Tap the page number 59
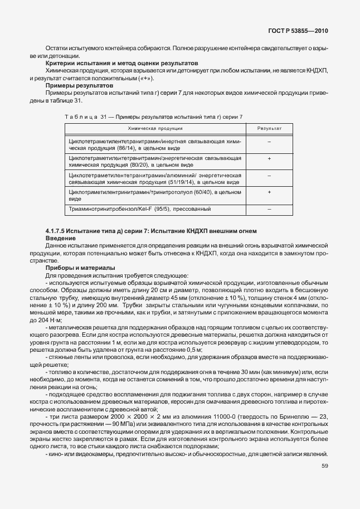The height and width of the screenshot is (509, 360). click(324, 466)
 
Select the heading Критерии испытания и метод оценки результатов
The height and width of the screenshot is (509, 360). click(121, 64)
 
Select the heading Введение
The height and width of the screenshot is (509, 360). click(60, 238)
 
